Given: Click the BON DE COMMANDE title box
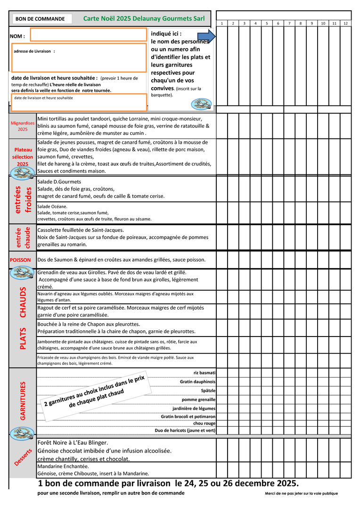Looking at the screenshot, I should (x=41, y=19).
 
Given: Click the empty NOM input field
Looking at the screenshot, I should (x=88, y=34).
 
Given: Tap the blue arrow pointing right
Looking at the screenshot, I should (x=206, y=36).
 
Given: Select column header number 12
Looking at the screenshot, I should (x=345, y=23).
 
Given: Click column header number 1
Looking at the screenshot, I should (x=222, y=23).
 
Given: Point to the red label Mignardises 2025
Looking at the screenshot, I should (x=23, y=126).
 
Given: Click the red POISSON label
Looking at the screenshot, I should (x=20, y=260).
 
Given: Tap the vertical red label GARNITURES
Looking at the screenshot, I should (x=23, y=400).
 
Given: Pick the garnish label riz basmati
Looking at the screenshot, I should (x=205, y=373).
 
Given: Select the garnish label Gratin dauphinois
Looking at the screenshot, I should (x=197, y=382).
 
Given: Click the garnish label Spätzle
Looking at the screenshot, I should (x=208, y=391).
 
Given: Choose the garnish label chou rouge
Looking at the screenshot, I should (x=205, y=423).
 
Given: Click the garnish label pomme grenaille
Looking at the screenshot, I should (x=198, y=399).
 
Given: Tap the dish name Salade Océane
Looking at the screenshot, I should (x=52, y=206).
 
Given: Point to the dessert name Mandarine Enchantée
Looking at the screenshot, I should (x=63, y=466).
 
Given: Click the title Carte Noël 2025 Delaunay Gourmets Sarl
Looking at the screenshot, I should (x=144, y=18).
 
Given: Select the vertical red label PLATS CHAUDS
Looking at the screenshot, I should (x=23, y=318).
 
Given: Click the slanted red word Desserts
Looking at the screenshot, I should (x=23, y=458).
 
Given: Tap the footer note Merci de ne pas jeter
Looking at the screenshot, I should (x=301, y=493).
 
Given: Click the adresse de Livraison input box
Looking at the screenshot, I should (x=79, y=57).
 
